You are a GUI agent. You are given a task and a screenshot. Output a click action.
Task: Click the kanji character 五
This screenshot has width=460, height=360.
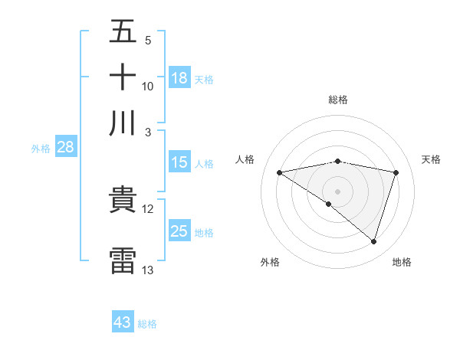123,32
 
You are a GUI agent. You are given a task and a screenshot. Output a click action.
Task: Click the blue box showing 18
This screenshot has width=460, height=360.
179,78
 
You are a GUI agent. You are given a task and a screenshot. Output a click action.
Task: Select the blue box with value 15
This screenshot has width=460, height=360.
179,162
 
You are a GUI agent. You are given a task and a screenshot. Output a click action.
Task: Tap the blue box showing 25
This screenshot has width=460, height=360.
179,231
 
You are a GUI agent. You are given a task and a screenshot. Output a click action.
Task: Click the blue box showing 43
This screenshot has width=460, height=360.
123,322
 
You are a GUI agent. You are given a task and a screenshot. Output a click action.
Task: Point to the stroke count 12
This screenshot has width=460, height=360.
148,209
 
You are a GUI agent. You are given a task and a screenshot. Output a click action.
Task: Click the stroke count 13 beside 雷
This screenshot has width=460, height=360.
148,270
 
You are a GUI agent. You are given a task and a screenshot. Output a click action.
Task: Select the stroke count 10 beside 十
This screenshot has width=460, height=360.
148,86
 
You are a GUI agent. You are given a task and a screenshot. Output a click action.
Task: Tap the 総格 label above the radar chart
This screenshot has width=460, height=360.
338,100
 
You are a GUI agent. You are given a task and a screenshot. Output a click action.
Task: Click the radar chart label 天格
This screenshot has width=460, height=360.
431,159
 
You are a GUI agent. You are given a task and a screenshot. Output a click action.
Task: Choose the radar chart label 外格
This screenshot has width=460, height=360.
270,262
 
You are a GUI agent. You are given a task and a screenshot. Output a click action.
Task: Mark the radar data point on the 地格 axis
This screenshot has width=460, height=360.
373,241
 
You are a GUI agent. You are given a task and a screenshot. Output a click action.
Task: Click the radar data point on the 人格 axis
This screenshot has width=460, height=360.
280,172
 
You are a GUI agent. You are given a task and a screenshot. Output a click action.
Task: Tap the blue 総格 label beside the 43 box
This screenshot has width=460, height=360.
147,324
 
